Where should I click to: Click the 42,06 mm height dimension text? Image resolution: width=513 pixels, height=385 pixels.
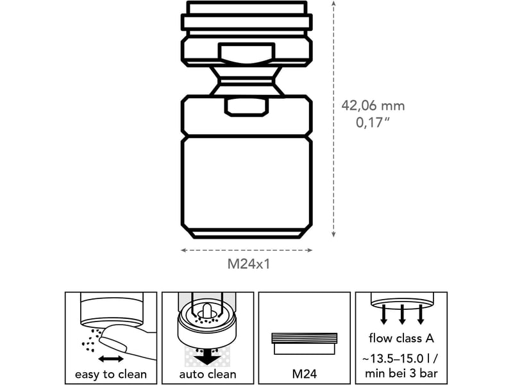pyautogui.click(x=373, y=106)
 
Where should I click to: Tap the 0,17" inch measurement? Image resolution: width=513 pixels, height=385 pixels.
pyautogui.click(x=373, y=123)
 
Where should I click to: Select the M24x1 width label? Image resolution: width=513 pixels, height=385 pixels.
pyautogui.click(x=249, y=264)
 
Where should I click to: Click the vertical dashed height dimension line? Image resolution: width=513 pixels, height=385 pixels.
pyautogui.click(x=333, y=119)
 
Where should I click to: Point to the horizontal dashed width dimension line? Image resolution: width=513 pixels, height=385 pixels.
pyautogui.click(x=247, y=250)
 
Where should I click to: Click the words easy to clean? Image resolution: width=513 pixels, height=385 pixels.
pyautogui.click(x=111, y=374)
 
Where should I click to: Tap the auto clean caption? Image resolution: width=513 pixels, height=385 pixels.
pyautogui.click(x=208, y=374)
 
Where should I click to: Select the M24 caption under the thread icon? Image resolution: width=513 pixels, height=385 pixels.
pyautogui.click(x=304, y=374)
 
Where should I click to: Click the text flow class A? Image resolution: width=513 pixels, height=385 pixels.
pyautogui.click(x=401, y=338)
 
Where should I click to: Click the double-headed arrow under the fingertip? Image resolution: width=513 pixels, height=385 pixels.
pyautogui.click(x=111, y=359)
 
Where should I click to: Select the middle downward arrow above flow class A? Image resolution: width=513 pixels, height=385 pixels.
pyautogui.click(x=402, y=314)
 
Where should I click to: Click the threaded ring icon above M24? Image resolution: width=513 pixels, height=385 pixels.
pyautogui.click(x=304, y=344)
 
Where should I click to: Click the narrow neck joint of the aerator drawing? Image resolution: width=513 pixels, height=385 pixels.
pyautogui.click(x=247, y=81)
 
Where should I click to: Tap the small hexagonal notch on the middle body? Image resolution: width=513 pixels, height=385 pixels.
pyautogui.click(x=247, y=107)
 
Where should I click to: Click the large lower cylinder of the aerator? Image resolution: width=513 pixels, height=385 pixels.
pyautogui.click(x=247, y=187)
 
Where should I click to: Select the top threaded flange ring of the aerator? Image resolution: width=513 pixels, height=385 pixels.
pyautogui.click(x=247, y=22)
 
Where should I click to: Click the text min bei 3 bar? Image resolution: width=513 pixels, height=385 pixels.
pyautogui.click(x=401, y=373)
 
